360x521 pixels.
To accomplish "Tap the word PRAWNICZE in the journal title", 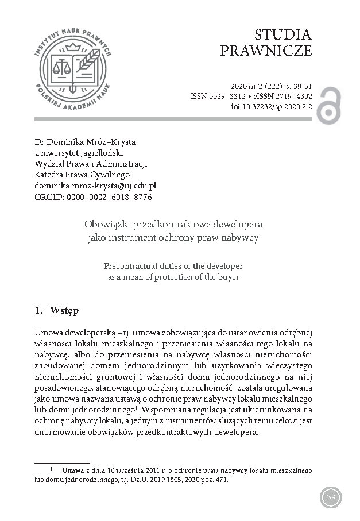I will tap(266, 51).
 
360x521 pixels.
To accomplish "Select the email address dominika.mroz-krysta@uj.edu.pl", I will tap(95, 186).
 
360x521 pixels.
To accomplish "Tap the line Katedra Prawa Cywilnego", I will tap(83, 175).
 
